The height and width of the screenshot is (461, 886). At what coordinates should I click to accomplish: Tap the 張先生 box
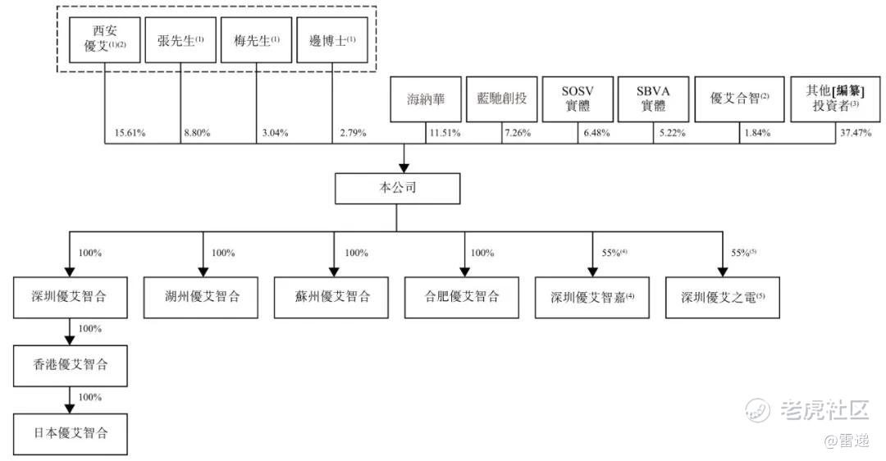pyautogui.click(x=181, y=40)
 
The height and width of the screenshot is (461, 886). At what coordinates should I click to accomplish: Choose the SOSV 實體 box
pyautogui.click(x=577, y=100)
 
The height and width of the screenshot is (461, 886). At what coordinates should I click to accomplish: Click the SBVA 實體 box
pyautogui.click(x=652, y=100)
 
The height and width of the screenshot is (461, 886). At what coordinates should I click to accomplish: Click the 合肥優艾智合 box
pyautogui.click(x=463, y=297)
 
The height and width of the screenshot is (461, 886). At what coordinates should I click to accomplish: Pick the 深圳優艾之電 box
pyautogui.click(x=723, y=297)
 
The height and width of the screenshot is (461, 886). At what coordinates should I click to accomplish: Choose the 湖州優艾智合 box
pyautogui.click(x=202, y=297)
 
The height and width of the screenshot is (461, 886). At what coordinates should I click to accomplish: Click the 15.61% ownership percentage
pyautogui.click(x=126, y=133)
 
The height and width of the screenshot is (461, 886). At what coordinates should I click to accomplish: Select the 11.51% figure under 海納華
pyautogui.click(x=445, y=133)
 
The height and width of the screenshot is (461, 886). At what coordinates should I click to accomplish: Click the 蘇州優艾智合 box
pyautogui.click(x=332, y=297)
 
